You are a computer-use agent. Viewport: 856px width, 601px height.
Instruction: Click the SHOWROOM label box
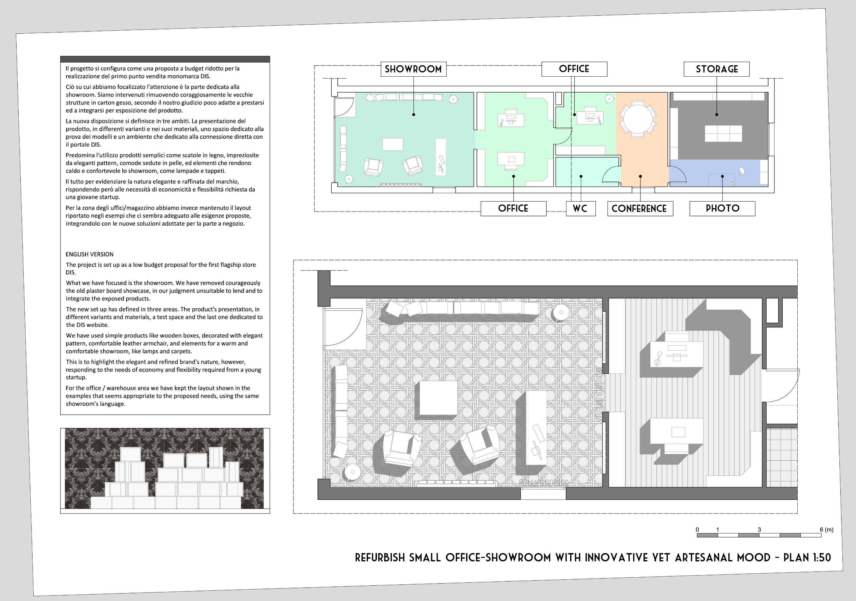click(x=413, y=69)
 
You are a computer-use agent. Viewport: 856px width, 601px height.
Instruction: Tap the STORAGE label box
click(x=716, y=69)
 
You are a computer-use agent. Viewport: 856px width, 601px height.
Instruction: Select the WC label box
click(x=581, y=209)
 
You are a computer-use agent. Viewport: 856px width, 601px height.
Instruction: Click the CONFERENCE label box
click(x=640, y=209)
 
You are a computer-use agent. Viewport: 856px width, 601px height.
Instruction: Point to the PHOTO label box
click(x=723, y=209)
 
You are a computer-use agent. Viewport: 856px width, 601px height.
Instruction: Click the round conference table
click(x=638, y=119)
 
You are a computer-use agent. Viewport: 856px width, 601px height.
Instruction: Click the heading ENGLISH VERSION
click(x=90, y=255)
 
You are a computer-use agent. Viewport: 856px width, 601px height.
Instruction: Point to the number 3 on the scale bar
click(x=759, y=529)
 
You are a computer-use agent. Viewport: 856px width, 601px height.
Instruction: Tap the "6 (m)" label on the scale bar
click(x=827, y=529)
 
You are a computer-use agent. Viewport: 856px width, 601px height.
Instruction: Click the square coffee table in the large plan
click(x=436, y=398)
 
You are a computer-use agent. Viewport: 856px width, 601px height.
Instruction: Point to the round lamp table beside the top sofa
click(x=560, y=312)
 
